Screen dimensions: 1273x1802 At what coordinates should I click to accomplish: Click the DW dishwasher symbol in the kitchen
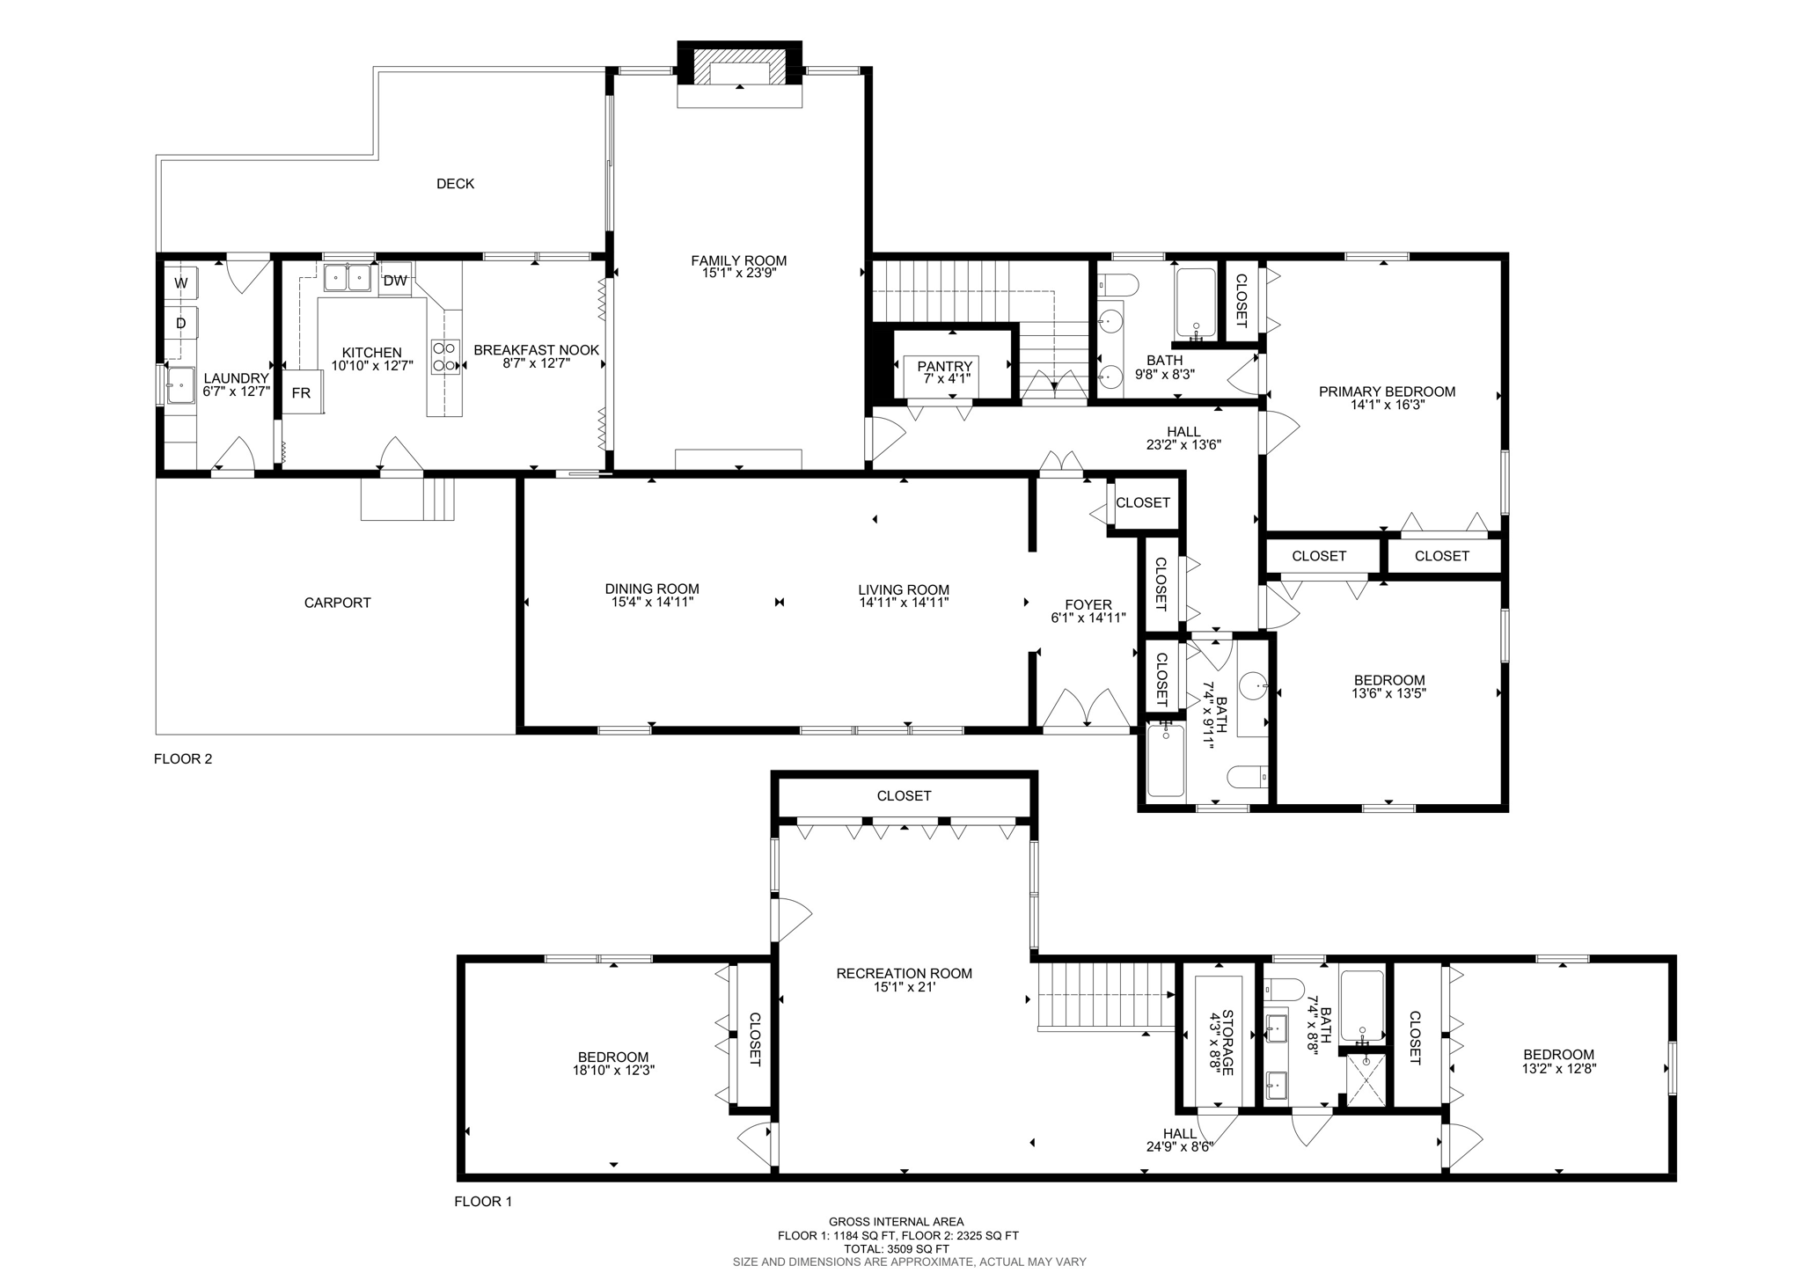[x=395, y=281]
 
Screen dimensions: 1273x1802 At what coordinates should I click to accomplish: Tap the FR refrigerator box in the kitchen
[x=302, y=392]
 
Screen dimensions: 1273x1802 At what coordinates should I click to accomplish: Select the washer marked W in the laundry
[x=181, y=283]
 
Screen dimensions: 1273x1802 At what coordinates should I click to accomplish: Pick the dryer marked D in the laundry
[x=181, y=323]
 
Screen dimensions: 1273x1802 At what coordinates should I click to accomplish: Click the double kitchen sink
[x=347, y=278]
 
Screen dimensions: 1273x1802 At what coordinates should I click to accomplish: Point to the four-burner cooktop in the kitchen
[x=445, y=356]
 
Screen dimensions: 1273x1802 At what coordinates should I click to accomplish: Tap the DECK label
[x=455, y=184]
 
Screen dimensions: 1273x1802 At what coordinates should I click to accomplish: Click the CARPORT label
[x=337, y=603]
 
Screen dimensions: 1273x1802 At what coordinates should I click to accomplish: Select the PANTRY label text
[x=944, y=366]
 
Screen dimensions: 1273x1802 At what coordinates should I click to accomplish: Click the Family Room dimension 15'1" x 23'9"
[x=738, y=274]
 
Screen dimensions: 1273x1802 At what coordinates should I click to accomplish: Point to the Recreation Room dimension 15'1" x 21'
[x=904, y=987]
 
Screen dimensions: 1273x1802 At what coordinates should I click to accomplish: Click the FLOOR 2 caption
[x=183, y=759]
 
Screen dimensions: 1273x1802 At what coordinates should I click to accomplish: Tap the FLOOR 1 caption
[x=483, y=1202]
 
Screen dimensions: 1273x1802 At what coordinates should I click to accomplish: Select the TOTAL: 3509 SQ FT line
[x=897, y=1248]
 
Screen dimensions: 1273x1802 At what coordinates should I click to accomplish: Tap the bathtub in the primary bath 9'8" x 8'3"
[x=1196, y=302]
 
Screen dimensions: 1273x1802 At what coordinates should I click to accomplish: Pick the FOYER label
[x=1088, y=604]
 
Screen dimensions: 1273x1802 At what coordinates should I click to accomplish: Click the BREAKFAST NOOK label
[x=536, y=350]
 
